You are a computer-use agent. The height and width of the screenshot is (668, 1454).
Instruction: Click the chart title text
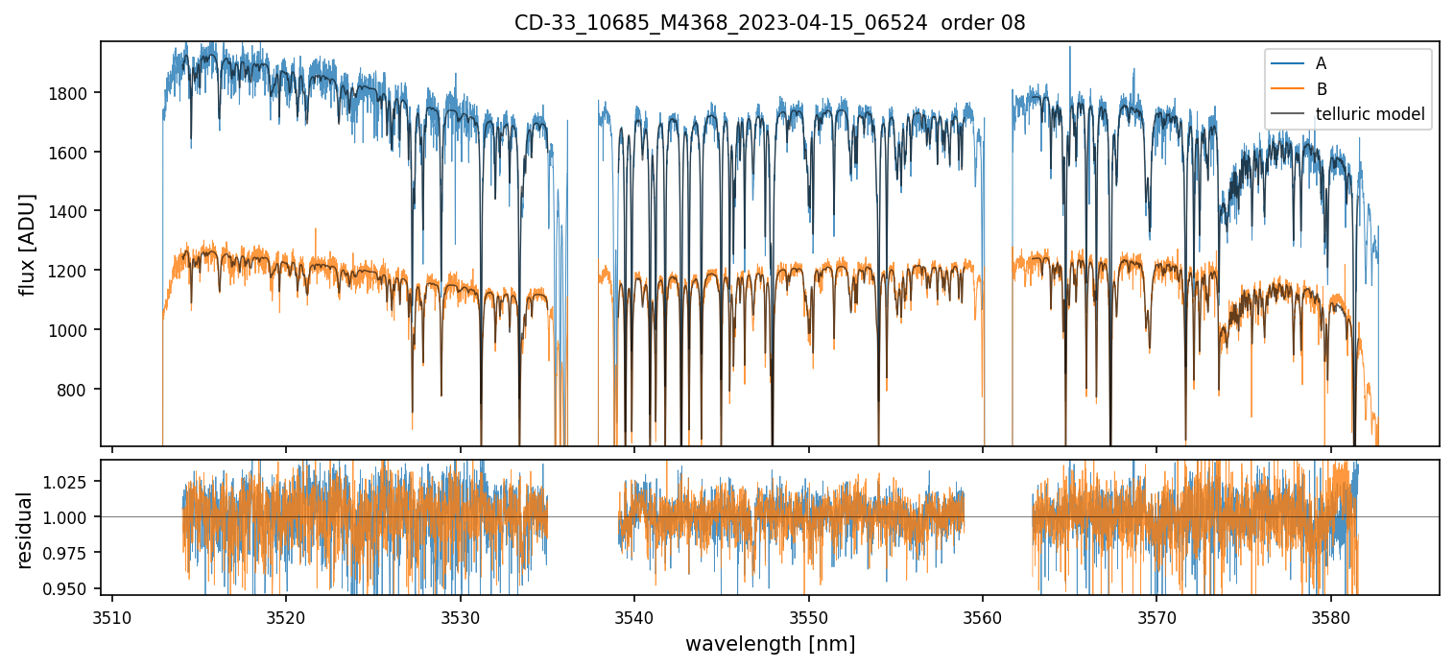click(x=770, y=23)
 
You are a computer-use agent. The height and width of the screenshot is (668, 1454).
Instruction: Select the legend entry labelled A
click(x=1321, y=63)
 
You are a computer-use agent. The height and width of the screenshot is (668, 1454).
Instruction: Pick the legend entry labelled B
click(x=1322, y=89)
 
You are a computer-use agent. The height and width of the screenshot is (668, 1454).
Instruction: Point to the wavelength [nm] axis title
click(x=770, y=644)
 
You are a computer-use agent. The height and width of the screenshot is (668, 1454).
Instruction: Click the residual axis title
click(x=25, y=530)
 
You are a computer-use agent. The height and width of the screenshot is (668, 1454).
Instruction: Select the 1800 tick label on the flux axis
click(x=73, y=93)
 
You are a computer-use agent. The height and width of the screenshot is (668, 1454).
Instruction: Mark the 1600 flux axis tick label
click(x=73, y=153)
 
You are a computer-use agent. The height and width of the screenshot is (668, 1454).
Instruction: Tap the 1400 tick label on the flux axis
click(x=73, y=211)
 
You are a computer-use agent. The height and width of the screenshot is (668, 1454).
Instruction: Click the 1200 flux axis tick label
click(x=73, y=271)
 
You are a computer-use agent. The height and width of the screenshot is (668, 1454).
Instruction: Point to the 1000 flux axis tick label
click(x=73, y=330)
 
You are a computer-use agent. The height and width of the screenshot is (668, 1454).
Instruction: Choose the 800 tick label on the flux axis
click(x=77, y=390)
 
